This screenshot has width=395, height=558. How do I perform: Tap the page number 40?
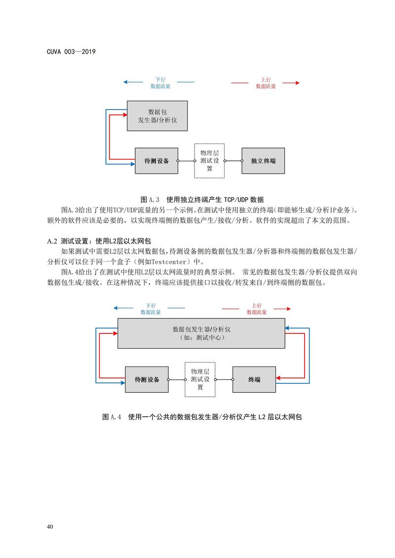50,527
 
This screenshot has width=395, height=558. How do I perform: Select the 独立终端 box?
263,161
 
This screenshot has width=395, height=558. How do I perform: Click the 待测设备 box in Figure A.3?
156,161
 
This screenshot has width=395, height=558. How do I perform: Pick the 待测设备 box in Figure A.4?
147,380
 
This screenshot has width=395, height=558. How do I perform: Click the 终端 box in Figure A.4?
254,380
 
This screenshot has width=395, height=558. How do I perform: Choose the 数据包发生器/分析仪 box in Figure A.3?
157,116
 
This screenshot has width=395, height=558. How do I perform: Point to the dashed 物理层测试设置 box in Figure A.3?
209,161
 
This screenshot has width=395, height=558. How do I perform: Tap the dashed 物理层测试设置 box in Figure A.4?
200,380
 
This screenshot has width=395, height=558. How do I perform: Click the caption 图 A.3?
151,200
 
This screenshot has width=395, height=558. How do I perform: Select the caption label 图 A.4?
112,417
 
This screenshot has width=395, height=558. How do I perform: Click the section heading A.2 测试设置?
99,241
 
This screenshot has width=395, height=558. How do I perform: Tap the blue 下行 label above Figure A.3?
160,79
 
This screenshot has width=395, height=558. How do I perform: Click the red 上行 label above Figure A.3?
266,79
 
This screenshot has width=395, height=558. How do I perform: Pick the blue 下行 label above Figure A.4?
151,305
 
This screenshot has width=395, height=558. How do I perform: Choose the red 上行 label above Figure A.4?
256,305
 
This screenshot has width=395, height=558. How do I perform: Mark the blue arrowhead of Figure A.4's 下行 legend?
116,309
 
